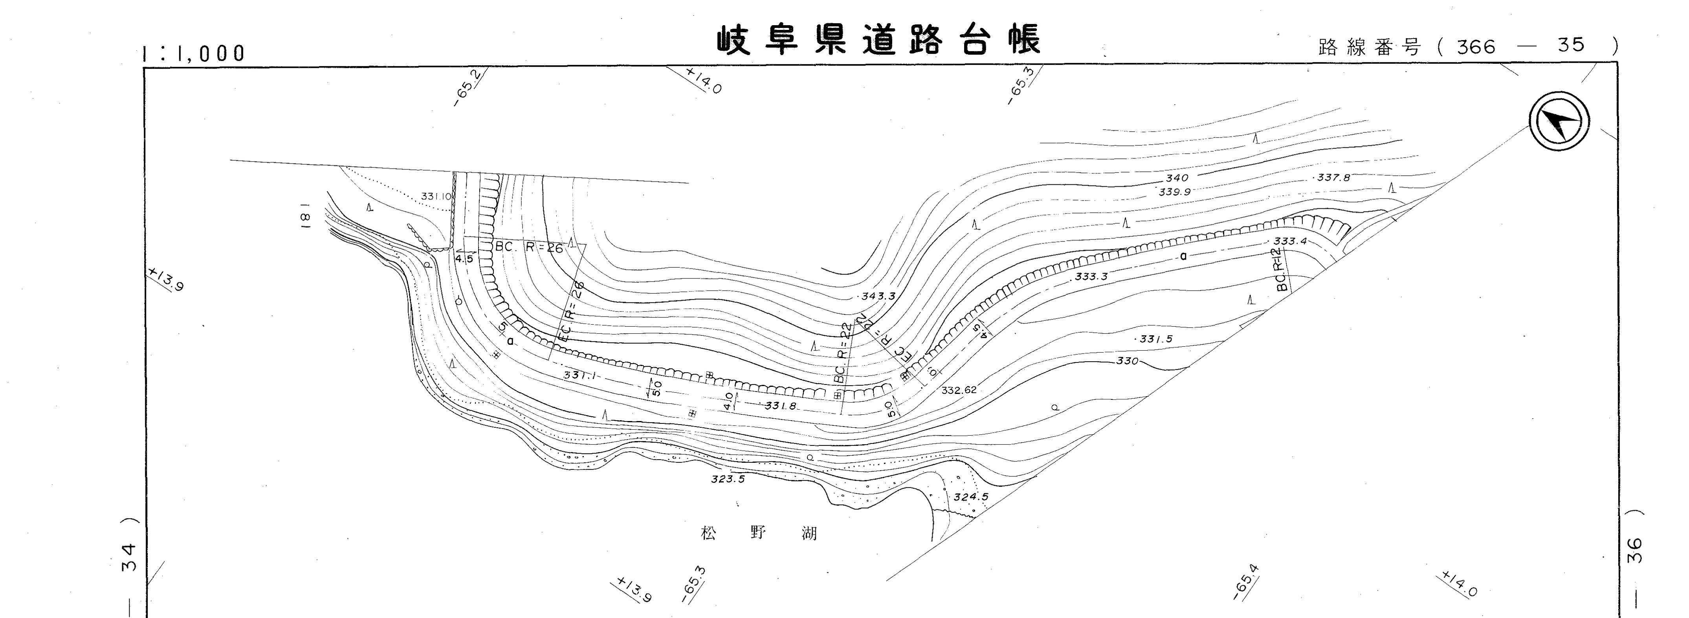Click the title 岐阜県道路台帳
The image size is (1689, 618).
[878, 40]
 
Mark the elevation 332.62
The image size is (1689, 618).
[959, 390]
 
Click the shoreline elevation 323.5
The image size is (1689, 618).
[728, 479]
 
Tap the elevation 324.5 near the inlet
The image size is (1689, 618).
[970, 497]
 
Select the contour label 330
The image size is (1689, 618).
[1127, 361]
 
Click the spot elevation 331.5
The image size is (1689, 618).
[1156, 339]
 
